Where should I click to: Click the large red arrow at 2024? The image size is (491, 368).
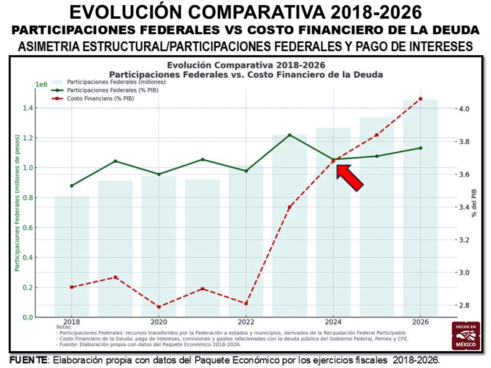[x=350, y=178]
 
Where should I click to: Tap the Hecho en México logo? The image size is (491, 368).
[x=466, y=336]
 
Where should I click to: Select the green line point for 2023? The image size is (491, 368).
[x=290, y=135]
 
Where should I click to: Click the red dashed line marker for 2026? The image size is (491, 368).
[x=421, y=99]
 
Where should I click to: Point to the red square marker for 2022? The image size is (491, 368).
[x=246, y=303]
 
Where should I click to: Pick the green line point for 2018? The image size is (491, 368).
[x=72, y=186]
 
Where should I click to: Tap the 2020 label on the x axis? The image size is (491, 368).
[x=159, y=322]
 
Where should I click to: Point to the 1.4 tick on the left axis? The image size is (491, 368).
[x=28, y=108]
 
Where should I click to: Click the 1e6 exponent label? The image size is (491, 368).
[x=41, y=84]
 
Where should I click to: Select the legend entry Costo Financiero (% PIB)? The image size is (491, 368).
[x=100, y=98]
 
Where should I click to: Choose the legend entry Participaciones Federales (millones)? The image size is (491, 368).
[x=116, y=82]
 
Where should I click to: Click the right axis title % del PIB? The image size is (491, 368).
[x=474, y=203]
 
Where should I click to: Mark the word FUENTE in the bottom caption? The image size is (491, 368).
[x=29, y=360]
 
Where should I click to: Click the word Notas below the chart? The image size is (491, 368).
[x=64, y=327]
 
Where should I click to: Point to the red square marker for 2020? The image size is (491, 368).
[x=159, y=307]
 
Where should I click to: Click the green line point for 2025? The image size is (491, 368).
[x=377, y=156]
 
